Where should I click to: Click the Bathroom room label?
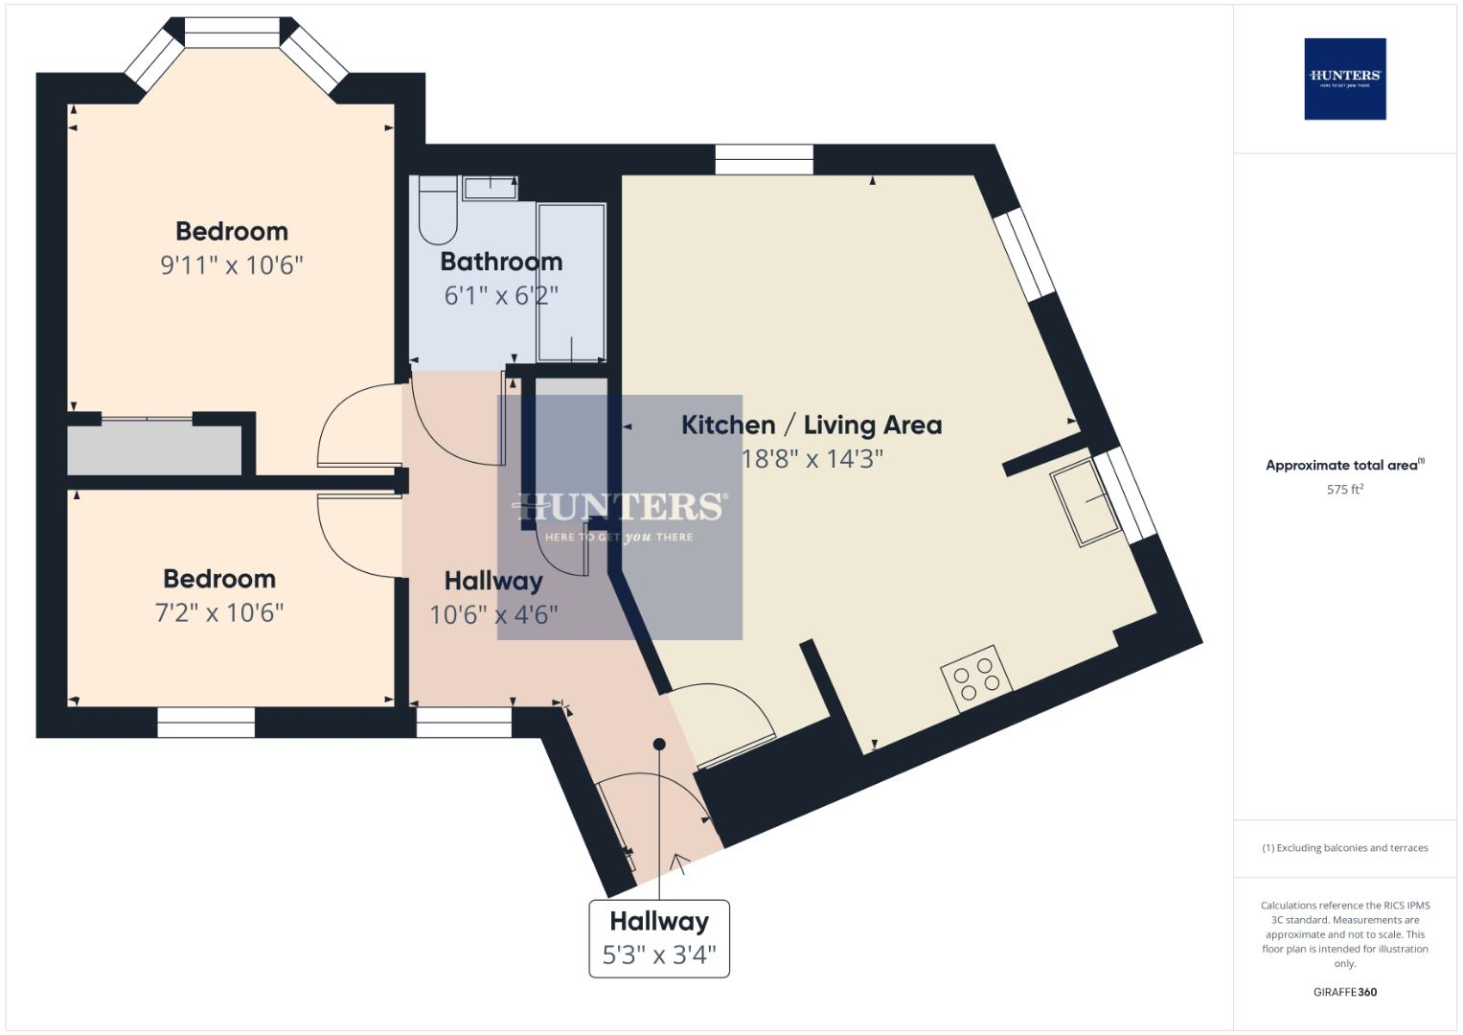pyautogui.click(x=501, y=262)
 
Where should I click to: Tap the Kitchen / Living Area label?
pyautogui.click(x=811, y=425)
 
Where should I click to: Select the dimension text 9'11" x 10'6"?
pyautogui.click(x=232, y=265)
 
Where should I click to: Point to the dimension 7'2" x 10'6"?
pyautogui.click(x=219, y=612)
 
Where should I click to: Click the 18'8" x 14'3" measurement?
pyautogui.click(x=812, y=459)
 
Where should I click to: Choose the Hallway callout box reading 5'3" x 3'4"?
pyautogui.click(x=659, y=938)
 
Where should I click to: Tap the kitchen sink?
pyautogui.click(x=1086, y=502)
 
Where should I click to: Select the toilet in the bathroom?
pyautogui.click(x=438, y=217)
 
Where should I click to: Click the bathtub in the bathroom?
pyautogui.click(x=571, y=282)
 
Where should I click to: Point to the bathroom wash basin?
pyautogui.click(x=490, y=187)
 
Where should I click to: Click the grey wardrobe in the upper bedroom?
pyautogui.click(x=154, y=450)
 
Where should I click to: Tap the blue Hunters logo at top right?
pyautogui.click(x=1344, y=79)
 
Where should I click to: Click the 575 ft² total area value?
pyautogui.click(x=1344, y=490)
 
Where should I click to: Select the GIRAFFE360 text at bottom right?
pyautogui.click(x=1344, y=992)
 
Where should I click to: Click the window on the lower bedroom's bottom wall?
pyautogui.click(x=206, y=723)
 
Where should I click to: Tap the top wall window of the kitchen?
pyautogui.click(x=764, y=159)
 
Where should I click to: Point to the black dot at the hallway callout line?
pyautogui.click(x=659, y=745)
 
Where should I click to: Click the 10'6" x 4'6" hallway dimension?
pyautogui.click(x=493, y=614)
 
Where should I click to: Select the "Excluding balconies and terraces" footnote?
pyautogui.click(x=1344, y=848)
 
